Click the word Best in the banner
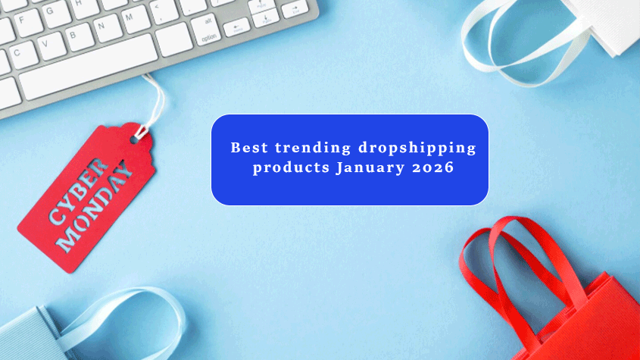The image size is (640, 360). tap(249, 148)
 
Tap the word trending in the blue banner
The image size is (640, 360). tap(313, 148)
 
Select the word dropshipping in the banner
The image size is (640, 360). tap(417, 149)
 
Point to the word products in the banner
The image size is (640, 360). tap(291, 167)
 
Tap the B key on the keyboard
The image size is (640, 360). tap(78, 37)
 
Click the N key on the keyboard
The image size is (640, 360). tap(107, 28)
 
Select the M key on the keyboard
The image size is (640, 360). tap(135, 20)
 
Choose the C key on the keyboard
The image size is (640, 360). tap(23, 55)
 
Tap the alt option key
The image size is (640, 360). tap(206, 30)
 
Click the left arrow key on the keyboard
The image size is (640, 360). tap(237, 28)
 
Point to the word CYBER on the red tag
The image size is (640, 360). tap(79, 191)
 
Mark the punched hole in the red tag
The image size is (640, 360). tap(134, 139)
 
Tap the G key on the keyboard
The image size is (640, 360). tap(56, 12)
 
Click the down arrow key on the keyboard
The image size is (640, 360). tap(265, 18)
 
